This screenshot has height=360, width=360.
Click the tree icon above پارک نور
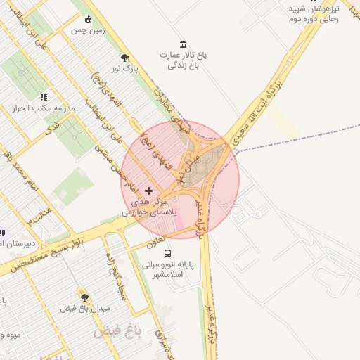coord(125,58)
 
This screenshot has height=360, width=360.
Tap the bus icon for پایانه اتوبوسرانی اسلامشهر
coord(167,253)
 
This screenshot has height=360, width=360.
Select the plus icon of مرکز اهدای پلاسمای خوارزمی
coord(148,191)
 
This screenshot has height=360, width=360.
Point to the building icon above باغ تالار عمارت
coord(184,44)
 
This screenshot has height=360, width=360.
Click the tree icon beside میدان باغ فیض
coord(85,297)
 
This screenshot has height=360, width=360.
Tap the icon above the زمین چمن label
coord(88,20)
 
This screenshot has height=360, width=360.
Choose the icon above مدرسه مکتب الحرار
coord(44,98)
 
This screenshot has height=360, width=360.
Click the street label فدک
coord(52,128)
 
